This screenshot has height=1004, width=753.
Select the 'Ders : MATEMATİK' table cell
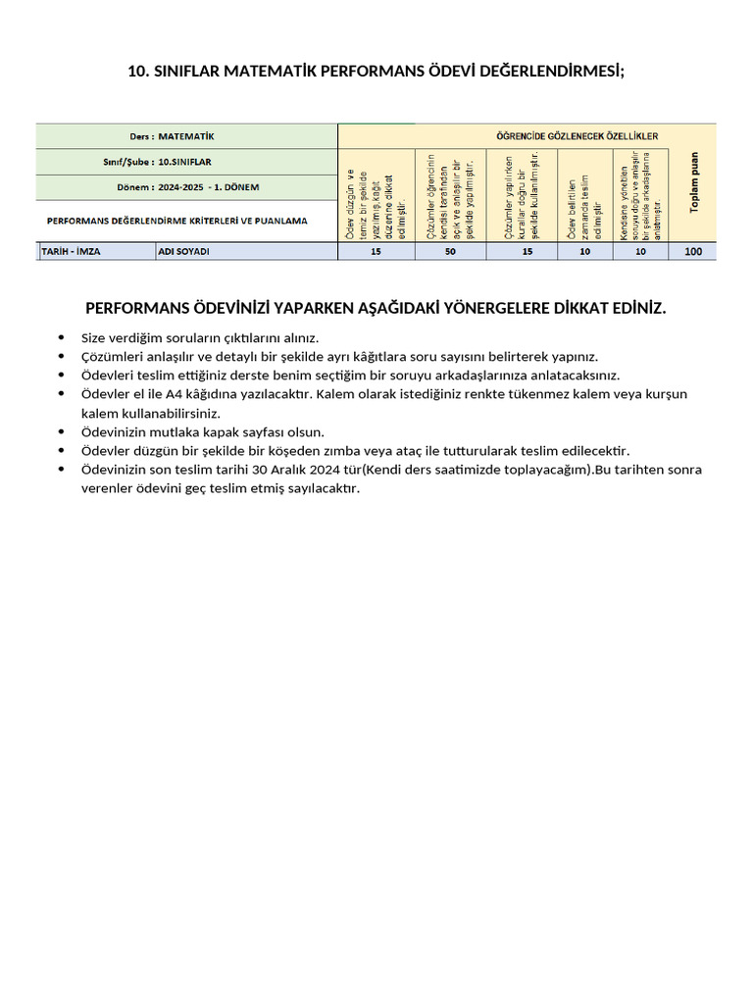pyautogui.click(x=186, y=136)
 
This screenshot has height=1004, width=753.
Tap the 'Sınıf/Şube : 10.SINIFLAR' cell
pyautogui.click(x=186, y=162)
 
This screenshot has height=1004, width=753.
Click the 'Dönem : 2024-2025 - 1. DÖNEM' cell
pyautogui.click(x=186, y=187)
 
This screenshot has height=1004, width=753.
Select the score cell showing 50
pyautogui.click(x=450, y=252)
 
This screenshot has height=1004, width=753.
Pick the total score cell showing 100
pyautogui.click(x=693, y=252)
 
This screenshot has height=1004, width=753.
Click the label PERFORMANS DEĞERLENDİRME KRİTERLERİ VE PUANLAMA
pyautogui.click(x=177, y=221)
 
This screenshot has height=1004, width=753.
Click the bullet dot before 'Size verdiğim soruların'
pyautogui.click(x=63, y=338)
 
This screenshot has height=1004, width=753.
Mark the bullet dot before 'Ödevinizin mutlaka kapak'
pyautogui.click(x=63, y=432)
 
